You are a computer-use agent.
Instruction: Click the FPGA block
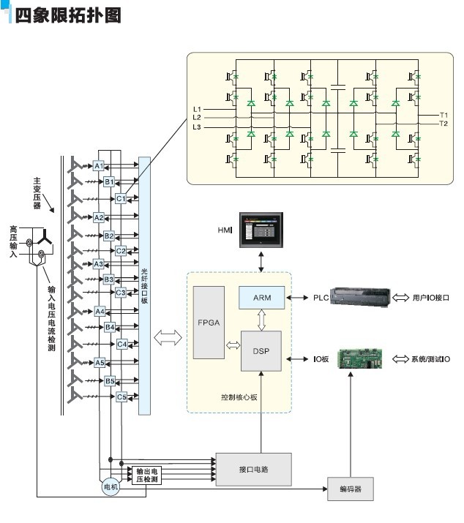click(209, 322)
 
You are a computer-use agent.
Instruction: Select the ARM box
click(262, 298)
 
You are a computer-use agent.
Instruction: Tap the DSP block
click(262, 351)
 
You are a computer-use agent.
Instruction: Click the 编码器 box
click(350, 487)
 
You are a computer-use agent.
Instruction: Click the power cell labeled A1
click(100, 166)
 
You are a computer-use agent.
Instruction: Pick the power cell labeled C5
click(122, 397)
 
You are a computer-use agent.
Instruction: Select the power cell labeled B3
click(109, 279)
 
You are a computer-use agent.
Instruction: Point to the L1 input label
click(196, 108)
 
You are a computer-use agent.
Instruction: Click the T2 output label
click(444, 124)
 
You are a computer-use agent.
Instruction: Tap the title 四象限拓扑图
click(67, 15)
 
